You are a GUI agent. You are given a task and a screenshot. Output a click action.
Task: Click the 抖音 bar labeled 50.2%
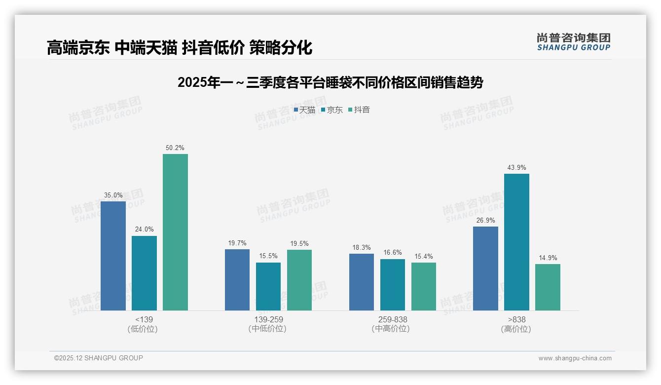pos(175,232)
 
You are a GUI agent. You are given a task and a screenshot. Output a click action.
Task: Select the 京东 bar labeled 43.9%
pos(516,242)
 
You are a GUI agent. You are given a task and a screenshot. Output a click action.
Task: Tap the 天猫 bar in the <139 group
pos(113,256)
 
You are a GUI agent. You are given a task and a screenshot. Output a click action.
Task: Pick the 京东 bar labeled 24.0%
pos(144,273)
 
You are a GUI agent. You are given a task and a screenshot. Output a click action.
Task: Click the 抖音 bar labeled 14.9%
pos(548,287)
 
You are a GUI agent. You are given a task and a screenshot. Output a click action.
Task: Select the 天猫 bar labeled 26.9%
pos(485,269)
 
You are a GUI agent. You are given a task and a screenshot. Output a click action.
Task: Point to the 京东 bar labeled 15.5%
pos(268,286)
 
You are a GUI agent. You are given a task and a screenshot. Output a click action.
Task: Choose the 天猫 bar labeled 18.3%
pos(362,282)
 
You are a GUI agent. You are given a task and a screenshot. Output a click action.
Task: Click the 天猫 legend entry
pos(304,110)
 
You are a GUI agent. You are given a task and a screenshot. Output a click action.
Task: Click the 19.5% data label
pos(299,243)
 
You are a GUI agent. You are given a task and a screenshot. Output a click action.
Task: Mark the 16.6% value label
pos(393,253)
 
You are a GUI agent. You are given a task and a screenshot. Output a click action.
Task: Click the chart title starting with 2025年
pos(330,82)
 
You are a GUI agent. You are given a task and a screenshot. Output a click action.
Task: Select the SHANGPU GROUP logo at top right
pos(573,41)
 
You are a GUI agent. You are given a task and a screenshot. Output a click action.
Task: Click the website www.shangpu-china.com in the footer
pos(575,358)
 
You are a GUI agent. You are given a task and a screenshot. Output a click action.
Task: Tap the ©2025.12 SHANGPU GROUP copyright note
pos(99,358)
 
